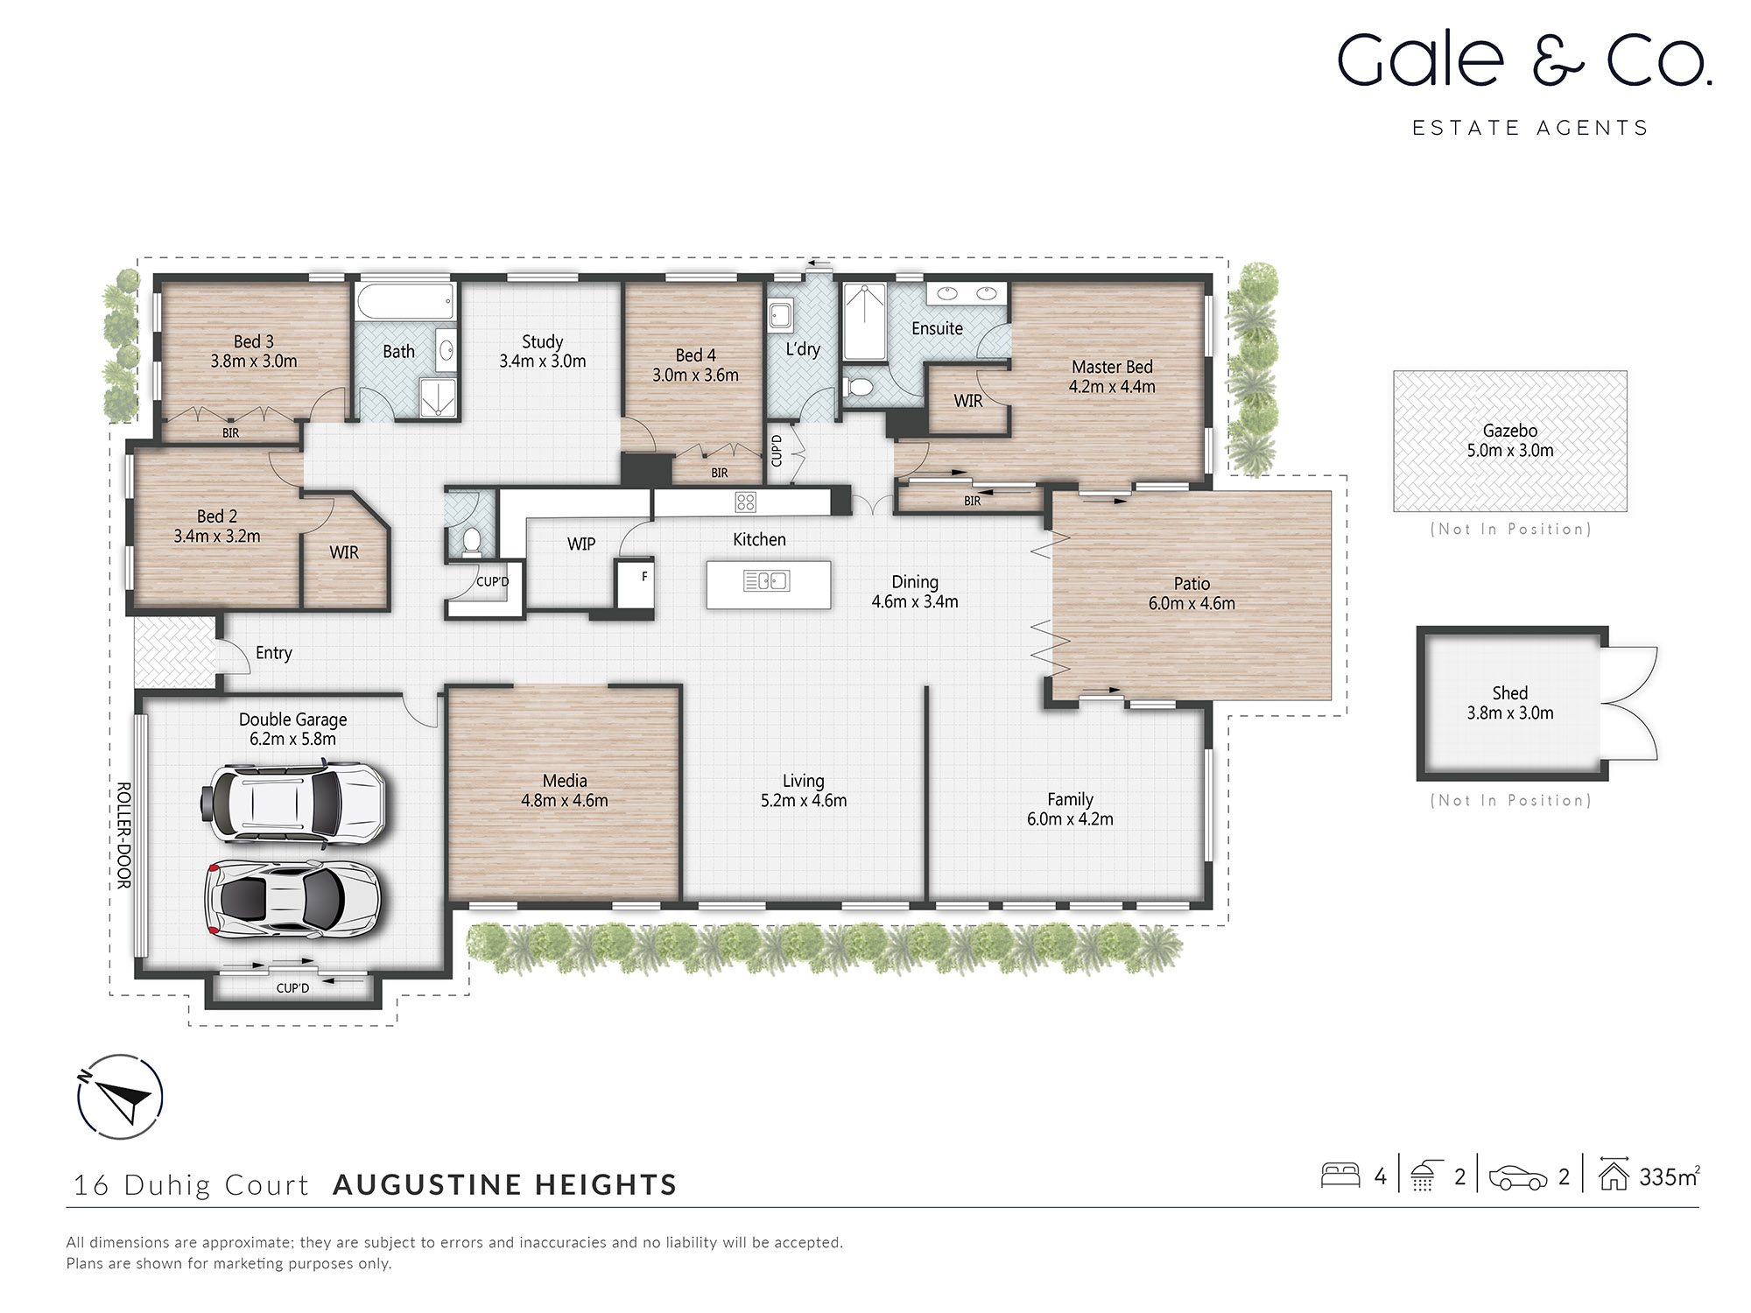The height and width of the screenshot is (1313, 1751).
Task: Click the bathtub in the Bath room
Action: pos(405,302)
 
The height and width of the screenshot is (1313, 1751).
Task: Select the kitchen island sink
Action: pos(766,580)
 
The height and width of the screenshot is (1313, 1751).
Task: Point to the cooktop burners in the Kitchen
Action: pos(745,502)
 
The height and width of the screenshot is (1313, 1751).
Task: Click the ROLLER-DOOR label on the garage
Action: pos(124,835)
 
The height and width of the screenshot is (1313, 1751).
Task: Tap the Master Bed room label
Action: pos(1112,368)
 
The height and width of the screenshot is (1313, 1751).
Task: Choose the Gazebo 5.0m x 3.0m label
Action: pos(1510,440)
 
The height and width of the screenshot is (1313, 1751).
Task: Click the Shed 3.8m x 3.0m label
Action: pos(1510,703)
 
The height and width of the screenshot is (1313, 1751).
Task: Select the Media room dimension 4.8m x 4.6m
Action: pos(565,801)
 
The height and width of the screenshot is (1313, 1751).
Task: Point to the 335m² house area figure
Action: pos(1669,1177)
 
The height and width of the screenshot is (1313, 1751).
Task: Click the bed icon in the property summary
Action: pos(1340,1176)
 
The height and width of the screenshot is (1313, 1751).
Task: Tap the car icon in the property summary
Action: pos(1517,1177)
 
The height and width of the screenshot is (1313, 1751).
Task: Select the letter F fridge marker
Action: pos(644,577)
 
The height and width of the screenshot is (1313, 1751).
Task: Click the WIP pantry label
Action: pos(581,544)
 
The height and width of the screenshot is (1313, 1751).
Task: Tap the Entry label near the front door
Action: pos(273,653)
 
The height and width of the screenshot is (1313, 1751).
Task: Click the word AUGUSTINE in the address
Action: pos(428,1185)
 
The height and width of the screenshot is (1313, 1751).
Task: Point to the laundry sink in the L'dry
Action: pos(780,315)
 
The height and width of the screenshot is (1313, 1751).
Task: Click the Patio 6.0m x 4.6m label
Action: pos(1192,593)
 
